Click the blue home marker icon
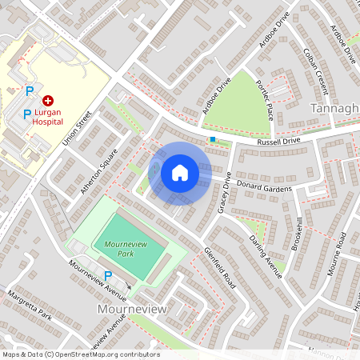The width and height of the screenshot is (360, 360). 180,172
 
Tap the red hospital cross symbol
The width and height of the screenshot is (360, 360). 48,101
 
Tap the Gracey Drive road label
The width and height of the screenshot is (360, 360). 224,194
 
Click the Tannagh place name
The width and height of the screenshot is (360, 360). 335,108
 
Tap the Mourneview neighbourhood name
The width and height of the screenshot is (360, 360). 131,308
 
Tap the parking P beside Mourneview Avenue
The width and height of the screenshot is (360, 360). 109,275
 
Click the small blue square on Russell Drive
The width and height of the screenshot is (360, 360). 212,139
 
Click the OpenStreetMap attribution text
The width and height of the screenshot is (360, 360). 80,354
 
